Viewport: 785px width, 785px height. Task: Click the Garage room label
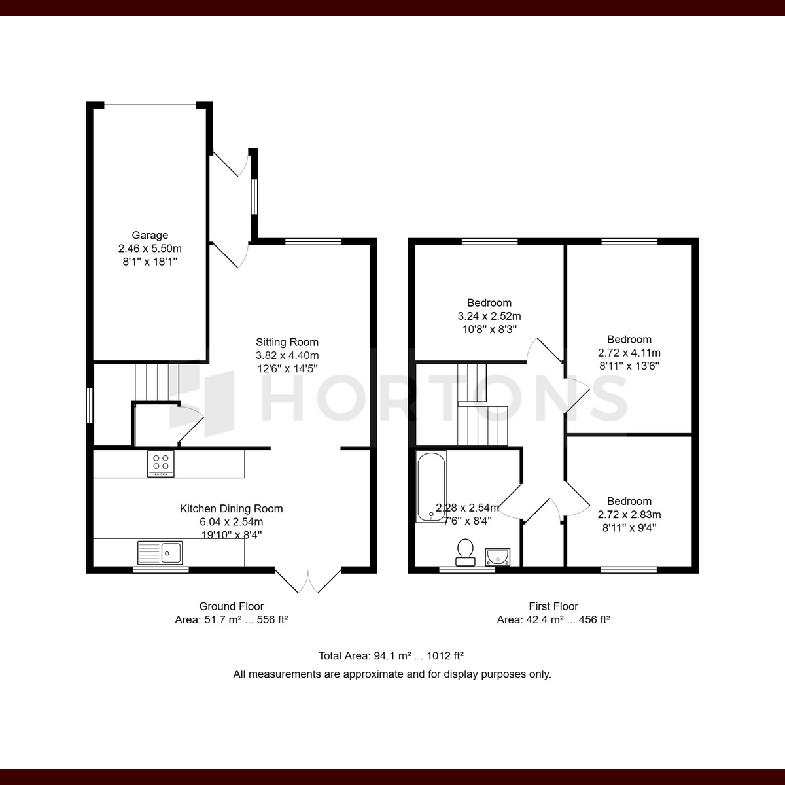150,235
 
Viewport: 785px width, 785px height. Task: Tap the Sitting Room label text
287,342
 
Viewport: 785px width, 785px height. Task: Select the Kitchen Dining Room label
232,508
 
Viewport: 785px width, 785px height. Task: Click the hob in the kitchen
161,464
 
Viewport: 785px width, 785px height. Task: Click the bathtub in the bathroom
431,487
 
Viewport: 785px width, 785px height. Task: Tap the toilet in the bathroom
466,551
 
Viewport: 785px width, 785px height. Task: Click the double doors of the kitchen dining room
308,580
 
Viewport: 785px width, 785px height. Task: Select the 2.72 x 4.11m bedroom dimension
629,353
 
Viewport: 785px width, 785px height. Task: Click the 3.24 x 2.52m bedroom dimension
489,316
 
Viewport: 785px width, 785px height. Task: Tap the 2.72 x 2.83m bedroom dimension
629,515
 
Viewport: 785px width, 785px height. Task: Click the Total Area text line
391,655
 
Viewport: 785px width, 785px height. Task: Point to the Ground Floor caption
232,606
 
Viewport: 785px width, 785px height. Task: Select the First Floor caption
553,606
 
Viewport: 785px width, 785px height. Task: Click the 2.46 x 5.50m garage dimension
150,249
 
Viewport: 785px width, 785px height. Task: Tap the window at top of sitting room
313,242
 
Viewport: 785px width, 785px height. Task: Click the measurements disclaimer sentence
392,674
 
